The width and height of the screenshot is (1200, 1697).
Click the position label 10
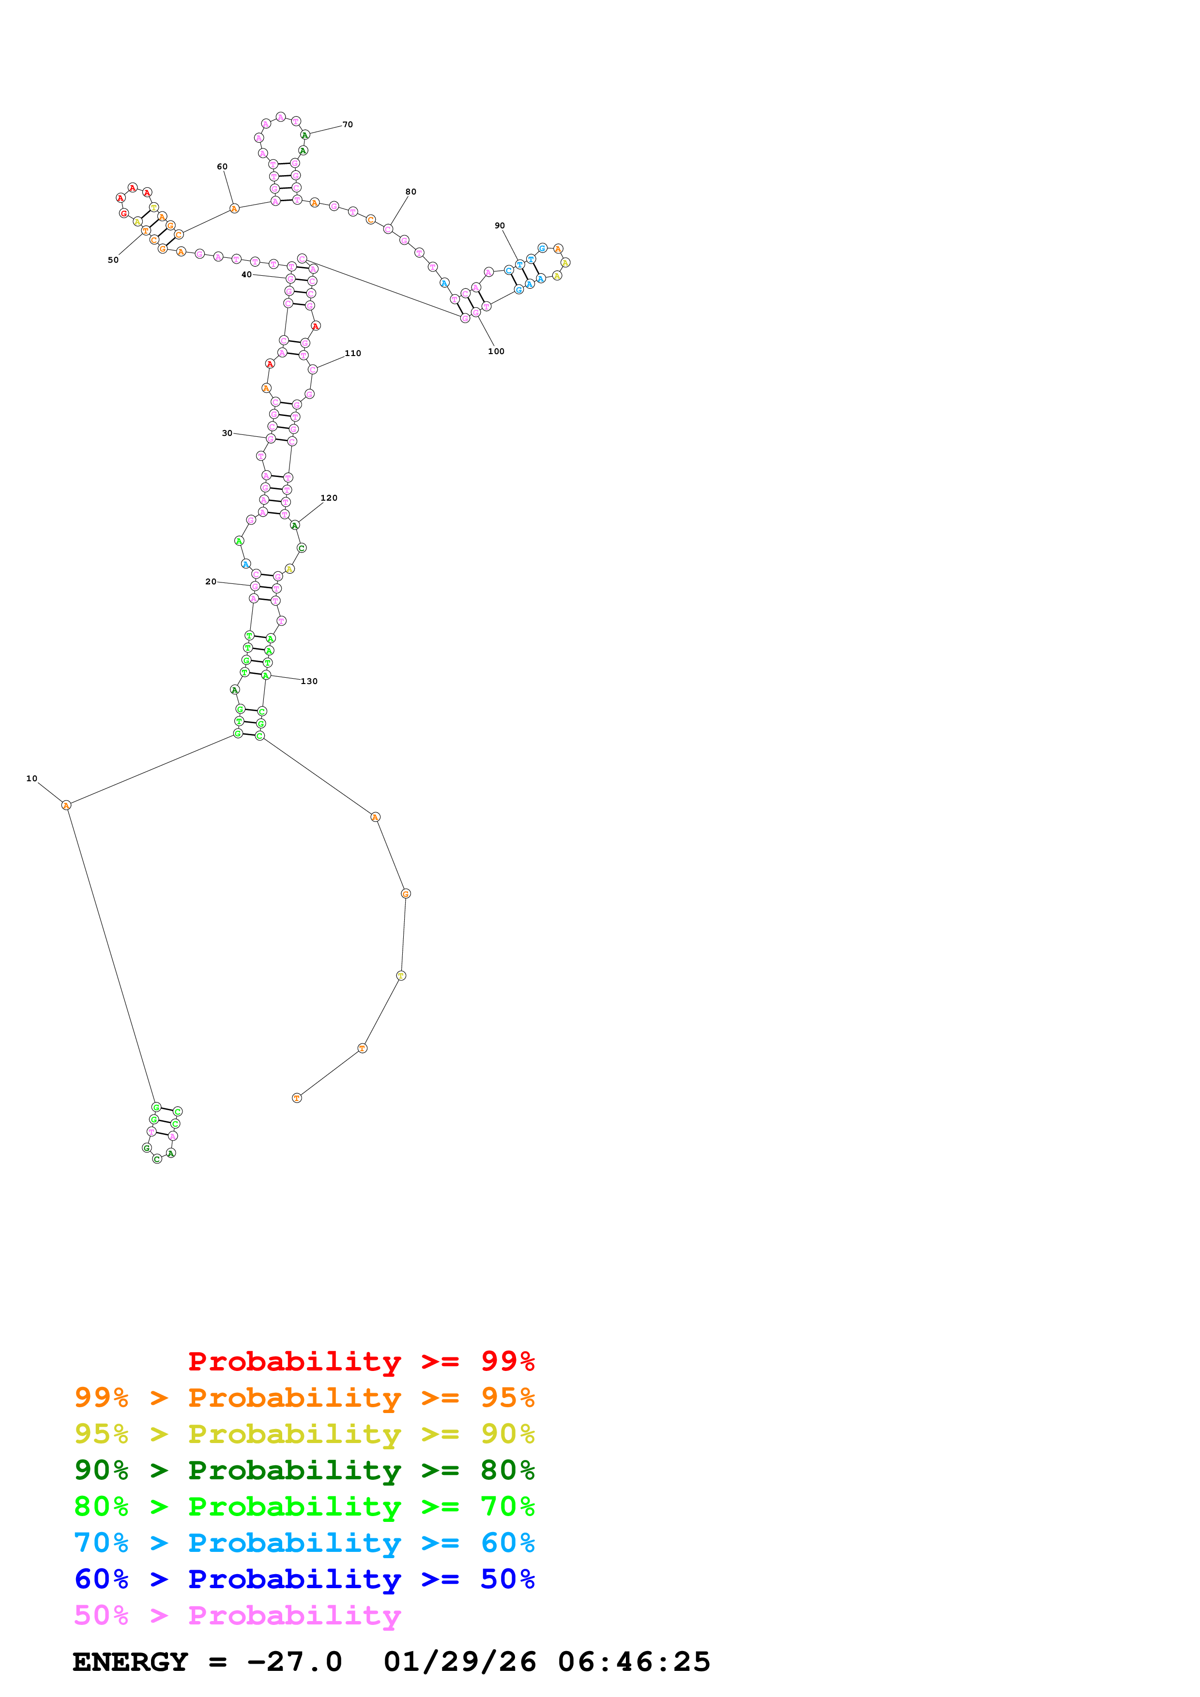point(32,778)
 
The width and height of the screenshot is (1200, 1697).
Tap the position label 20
point(211,581)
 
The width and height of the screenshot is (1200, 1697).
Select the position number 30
point(227,433)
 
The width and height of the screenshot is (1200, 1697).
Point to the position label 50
point(113,260)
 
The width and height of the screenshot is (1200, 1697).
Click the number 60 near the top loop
point(222,167)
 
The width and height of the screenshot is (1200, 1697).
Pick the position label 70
point(348,125)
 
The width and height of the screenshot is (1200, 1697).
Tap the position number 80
point(410,192)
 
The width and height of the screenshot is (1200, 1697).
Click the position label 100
point(496,352)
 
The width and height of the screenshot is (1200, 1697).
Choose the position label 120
point(329,498)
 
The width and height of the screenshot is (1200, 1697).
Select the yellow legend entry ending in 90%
point(304,1434)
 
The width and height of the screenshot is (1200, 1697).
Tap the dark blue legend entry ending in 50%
point(304,1579)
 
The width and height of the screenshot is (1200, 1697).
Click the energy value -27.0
point(294,1662)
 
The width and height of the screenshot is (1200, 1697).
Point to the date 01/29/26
point(459,1662)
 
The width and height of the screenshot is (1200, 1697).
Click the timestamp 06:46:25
point(634,1662)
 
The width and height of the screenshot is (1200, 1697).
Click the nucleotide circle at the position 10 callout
point(66,805)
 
